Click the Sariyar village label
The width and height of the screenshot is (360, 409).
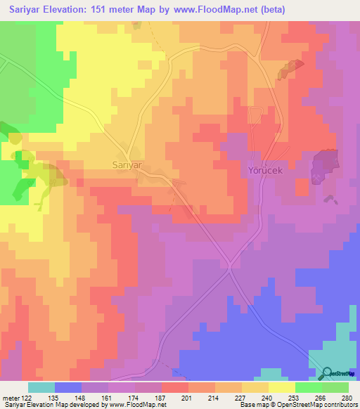(x=127, y=164)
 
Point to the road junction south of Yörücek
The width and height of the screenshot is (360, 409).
(x=230, y=266)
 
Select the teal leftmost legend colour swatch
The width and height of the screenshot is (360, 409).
(x=41, y=387)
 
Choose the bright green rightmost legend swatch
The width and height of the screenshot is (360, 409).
(x=335, y=387)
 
